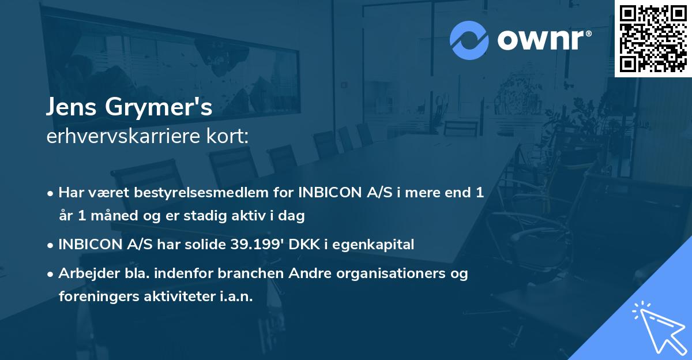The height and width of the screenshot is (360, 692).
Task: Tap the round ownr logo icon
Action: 469,40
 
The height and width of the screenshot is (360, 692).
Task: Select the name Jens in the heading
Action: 72,107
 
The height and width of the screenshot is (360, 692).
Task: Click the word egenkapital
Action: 377,245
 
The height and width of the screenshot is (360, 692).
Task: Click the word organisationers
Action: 390,273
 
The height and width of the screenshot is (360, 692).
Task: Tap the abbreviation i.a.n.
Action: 235,297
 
